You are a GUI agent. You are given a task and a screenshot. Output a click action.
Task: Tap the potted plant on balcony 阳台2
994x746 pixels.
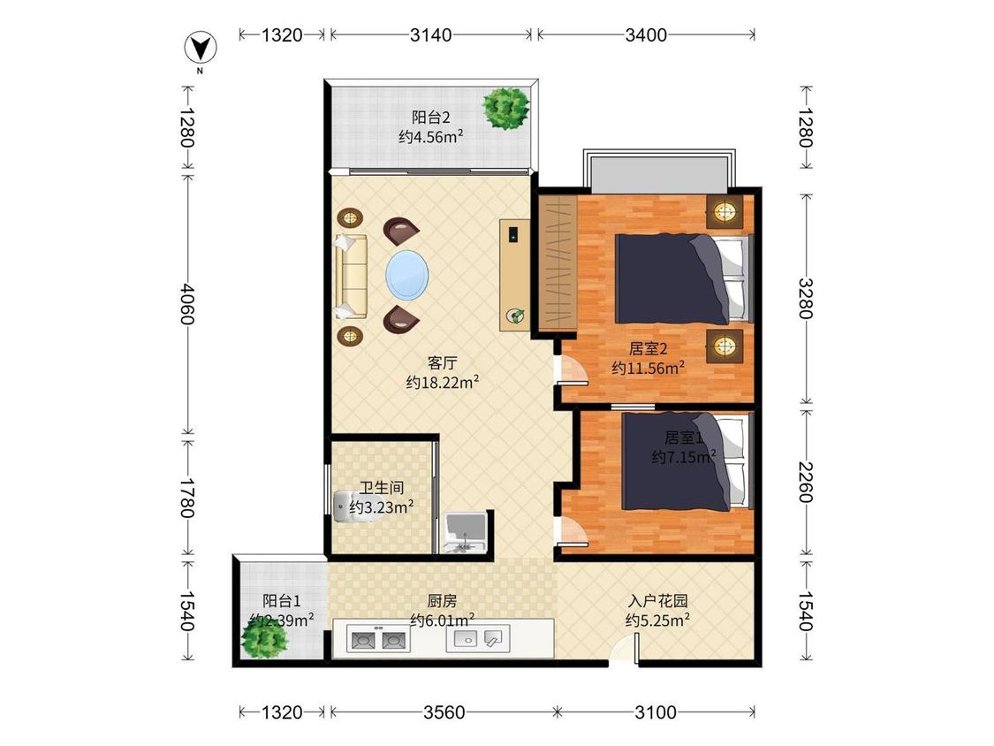tap(506, 109)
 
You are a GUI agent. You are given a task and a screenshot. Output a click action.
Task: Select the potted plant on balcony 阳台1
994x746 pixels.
tap(264, 638)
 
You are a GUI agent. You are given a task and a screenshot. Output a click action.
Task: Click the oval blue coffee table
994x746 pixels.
tap(407, 275)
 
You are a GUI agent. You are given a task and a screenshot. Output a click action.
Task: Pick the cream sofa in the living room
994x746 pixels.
tap(351, 277)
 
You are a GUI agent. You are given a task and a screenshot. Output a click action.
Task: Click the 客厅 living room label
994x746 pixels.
tap(442, 363)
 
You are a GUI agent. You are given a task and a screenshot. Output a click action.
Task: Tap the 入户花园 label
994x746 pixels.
tap(658, 600)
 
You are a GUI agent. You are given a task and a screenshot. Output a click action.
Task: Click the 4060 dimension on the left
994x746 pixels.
tap(186, 303)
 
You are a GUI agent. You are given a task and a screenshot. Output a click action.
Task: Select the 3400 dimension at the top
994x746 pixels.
tap(646, 34)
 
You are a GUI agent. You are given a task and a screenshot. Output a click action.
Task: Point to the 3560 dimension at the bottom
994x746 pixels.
tap(444, 712)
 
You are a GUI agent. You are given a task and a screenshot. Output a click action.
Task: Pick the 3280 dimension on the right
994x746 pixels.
tap(805, 298)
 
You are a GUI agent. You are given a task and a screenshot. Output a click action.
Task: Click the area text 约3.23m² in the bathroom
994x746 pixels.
tap(382, 507)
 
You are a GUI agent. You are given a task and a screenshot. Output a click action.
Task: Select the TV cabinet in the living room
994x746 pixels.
tap(515, 275)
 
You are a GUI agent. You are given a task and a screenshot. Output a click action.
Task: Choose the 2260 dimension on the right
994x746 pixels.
tap(805, 482)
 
